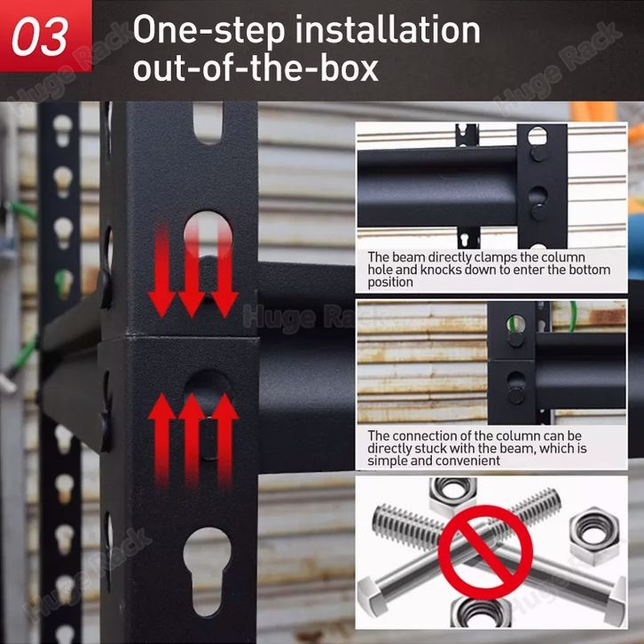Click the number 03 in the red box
click(x=39, y=37)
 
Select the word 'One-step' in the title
click(x=209, y=31)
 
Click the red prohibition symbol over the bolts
click(x=485, y=552)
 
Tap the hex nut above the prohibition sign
click(x=452, y=496)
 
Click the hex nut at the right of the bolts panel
click(x=594, y=536)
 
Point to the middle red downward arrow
click(x=192, y=272)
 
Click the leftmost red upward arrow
click(x=161, y=439)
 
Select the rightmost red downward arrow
click(x=224, y=271)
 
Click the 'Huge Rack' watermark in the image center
click(x=298, y=318)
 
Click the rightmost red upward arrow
click(x=225, y=439)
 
